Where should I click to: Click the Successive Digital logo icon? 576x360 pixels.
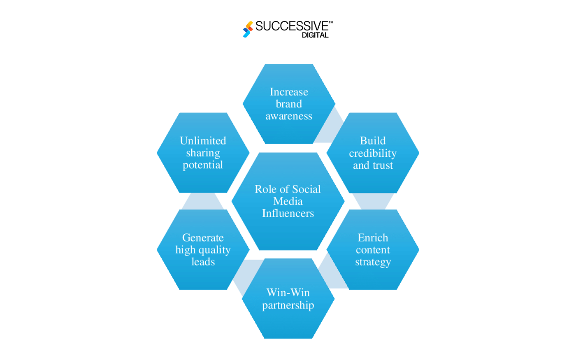248,29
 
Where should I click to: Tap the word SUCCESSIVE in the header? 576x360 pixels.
292,26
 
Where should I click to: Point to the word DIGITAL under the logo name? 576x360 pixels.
315,35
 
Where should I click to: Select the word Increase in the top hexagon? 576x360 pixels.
289,92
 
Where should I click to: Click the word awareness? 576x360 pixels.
289,116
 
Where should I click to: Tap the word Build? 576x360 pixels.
373,141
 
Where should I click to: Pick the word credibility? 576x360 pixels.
373,153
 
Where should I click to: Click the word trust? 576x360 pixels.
383,165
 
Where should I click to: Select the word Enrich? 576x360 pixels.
373,238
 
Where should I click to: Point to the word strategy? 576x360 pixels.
373,262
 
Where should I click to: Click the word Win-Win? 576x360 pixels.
288,293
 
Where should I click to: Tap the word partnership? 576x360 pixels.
288,305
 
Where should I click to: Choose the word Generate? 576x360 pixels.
203,238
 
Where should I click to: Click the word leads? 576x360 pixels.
203,262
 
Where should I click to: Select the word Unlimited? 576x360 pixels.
203,141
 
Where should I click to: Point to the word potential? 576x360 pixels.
203,165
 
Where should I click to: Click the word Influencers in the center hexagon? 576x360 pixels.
288,213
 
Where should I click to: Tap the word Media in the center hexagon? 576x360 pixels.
288,201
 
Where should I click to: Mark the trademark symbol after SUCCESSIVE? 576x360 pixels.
331,22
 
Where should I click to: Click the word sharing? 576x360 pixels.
203,153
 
